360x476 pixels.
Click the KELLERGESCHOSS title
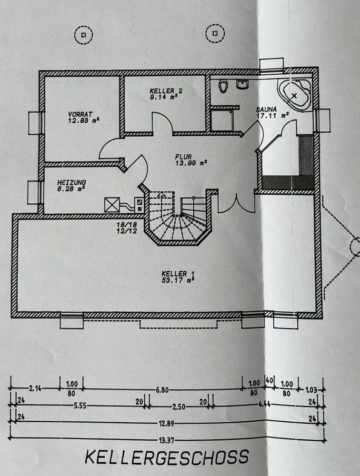coord(167,457)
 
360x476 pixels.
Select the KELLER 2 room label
coord(166,91)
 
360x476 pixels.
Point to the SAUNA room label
coord(267,109)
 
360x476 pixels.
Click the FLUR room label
coord(183,157)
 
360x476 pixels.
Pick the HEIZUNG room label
coord(72,182)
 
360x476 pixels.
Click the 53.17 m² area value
coord(178,280)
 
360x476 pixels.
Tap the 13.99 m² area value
coord(191,163)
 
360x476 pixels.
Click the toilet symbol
coord(223,86)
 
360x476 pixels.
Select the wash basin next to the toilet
coord(242,84)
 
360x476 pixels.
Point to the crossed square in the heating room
coord(112,205)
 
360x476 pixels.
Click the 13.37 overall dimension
coord(166,440)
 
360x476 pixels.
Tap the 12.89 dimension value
coord(167,423)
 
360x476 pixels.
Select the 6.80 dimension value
coord(162,390)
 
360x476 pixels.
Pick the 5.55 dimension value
coord(80,406)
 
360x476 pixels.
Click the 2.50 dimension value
coord(179,407)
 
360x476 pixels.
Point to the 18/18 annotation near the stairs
coord(127,225)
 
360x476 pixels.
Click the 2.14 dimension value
coord(35,388)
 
